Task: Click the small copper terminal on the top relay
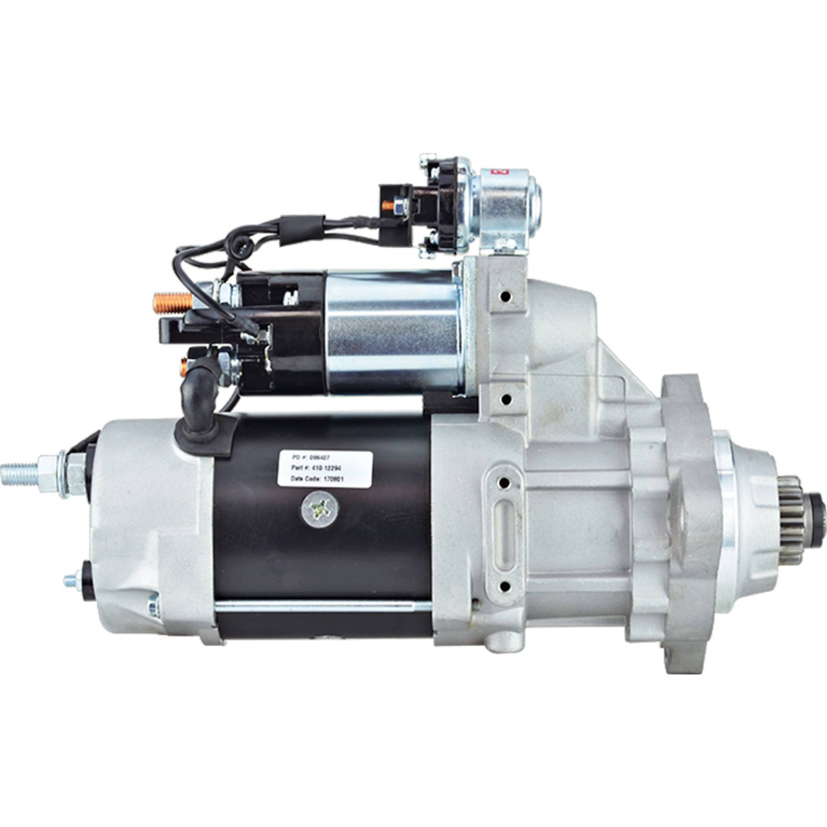[385, 206]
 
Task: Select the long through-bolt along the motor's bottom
[310, 605]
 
